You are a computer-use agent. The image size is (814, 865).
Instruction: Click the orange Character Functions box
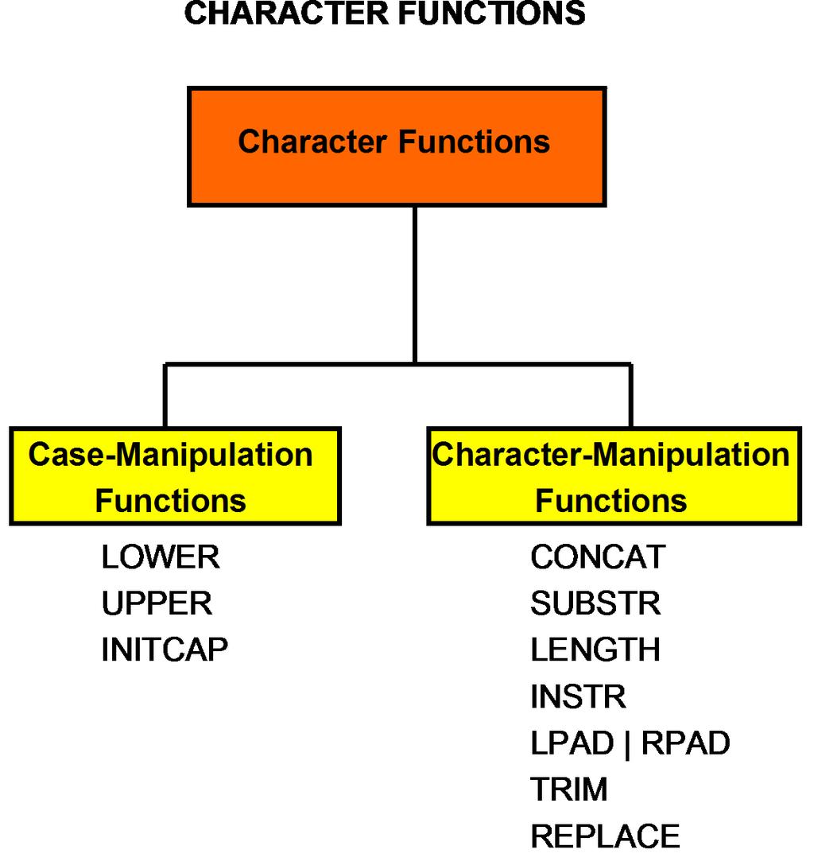pyautogui.click(x=397, y=147)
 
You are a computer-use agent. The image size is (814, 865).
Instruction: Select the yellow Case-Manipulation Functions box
pyautogui.click(x=176, y=476)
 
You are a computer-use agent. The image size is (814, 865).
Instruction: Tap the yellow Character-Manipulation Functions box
pyautogui.click(x=614, y=476)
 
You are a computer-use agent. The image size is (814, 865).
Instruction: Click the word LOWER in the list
pyautogui.click(x=161, y=557)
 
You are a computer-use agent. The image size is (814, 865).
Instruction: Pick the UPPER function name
pyautogui.click(x=157, y=603)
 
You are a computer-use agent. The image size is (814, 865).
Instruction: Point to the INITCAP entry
pyautogui.click(x=165, y=650)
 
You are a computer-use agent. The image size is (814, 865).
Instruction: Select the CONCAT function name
pyautogui.click(x=598, y=557)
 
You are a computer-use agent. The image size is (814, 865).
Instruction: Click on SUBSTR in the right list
pyautogui.click(x=595, y=603)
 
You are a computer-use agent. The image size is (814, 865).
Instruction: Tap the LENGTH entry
pyautogui.click(x=595, y=650)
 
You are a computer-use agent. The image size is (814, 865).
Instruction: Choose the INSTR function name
pyautogui.click(x=579, y=696)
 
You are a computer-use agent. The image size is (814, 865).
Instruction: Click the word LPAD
pyautogui.click(x=572, y=743)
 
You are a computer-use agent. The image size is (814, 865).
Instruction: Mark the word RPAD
pyautogui.click(x=686, y=743)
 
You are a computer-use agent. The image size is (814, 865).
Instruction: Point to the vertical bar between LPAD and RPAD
pyautogui.click(x=628, y=745)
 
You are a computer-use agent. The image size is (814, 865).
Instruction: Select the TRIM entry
pyautogui.click(x=569, y=789)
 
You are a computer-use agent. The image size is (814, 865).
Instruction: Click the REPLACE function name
pyautogui.click(x=606, y=836)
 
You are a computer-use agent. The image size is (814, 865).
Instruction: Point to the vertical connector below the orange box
pyautogui.click(x=415, y=285)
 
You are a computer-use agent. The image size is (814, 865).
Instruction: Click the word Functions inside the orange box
pyautogui.click(x=475, y=142)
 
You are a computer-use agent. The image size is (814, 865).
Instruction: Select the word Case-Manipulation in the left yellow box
pyautogui.click(x=170, y=455)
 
